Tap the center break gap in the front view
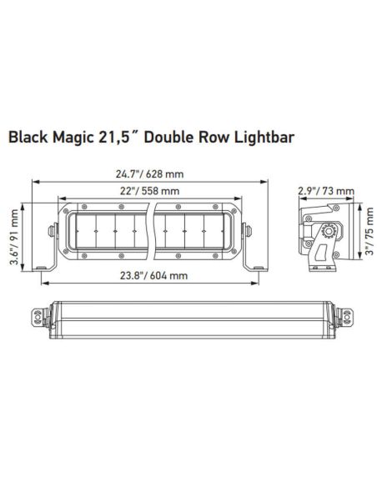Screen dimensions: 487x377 tap(153, 227)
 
